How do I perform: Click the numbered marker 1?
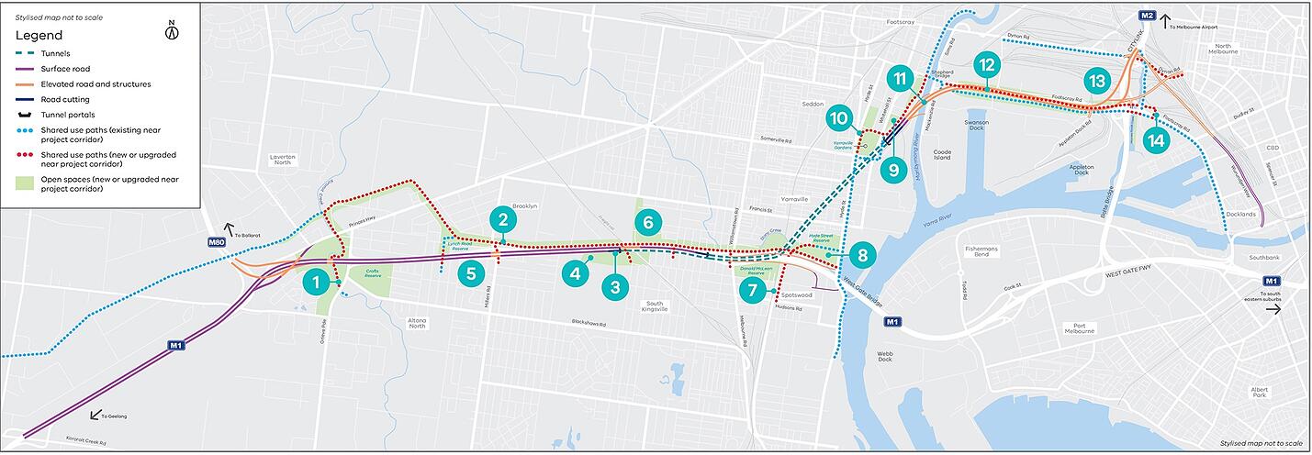coord(317,283)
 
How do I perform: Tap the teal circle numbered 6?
coord(648,222)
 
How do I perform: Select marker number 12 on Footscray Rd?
coord(987,65)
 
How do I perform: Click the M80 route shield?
coord(216,242)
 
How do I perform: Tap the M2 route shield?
coord(1147,16)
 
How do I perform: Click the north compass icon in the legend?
coord(171,32)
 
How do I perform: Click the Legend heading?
coord(39,35)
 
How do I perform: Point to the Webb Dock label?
coord(884,357)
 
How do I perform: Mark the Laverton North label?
coord(282,161)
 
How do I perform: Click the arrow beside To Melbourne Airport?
coord(1165,17)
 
